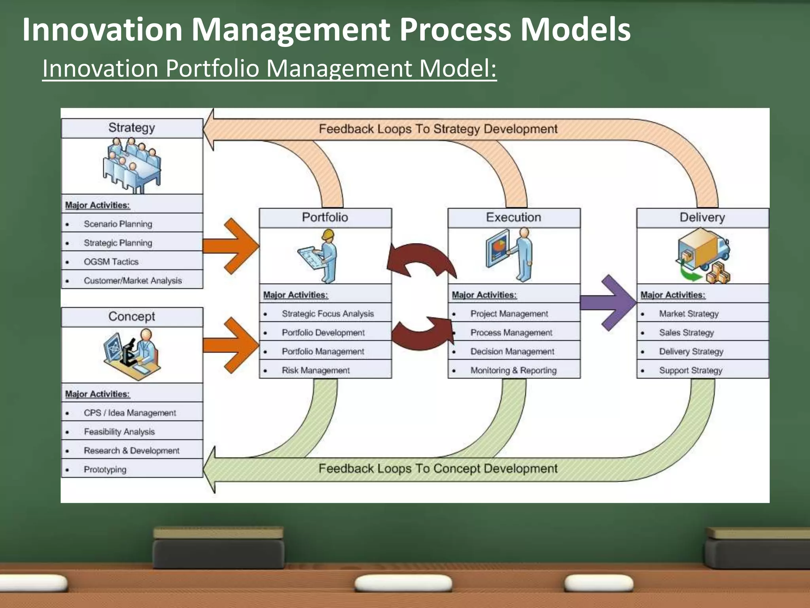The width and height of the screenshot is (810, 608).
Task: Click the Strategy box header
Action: pos(132,128)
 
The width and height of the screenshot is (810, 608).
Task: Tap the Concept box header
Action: pos(132,317)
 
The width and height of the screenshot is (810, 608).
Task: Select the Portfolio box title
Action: pos(325,217)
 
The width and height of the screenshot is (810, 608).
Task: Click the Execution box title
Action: pos(513,217)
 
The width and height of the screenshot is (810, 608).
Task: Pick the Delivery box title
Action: pos(702,217)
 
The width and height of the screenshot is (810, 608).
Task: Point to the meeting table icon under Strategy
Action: pos(132,165)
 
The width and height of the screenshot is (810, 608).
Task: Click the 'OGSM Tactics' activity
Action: pos(111,262)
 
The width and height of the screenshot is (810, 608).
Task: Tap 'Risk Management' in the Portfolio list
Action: pos(316,370)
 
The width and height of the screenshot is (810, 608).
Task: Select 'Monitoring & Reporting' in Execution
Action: pos(513,370)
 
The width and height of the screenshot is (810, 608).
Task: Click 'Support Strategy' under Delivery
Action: pos(691,370)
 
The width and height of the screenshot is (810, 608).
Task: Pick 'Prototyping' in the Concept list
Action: pos(105,469)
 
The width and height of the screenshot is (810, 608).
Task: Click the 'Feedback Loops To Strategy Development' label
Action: pos(438,129)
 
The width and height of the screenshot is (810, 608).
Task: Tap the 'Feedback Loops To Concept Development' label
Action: pos(438,469)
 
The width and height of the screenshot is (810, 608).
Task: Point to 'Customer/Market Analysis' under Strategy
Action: pos(133,281)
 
